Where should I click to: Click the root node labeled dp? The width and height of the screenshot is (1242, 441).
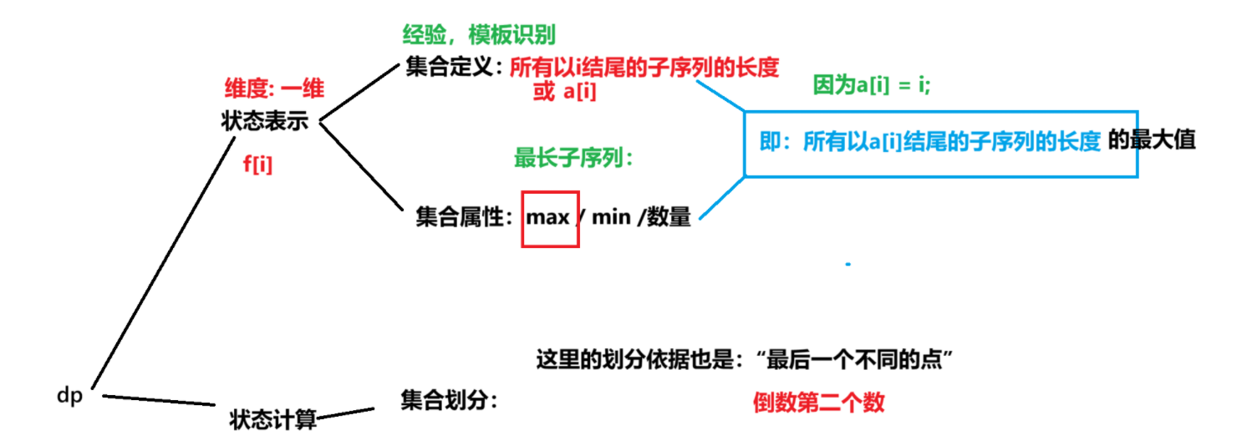tap(70, 396)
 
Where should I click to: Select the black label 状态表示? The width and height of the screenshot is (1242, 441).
tap(265, 121)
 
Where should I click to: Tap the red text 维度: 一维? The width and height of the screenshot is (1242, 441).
tap(274, 88)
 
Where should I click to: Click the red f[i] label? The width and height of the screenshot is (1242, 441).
tap(257, 165)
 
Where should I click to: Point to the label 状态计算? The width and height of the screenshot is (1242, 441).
tap(273, 418)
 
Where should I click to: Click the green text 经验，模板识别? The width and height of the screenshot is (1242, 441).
tap(479, 35)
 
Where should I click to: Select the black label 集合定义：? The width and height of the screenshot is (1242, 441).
tap(456, 67)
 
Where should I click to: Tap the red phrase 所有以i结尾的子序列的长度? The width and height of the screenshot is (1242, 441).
tap(644, 68)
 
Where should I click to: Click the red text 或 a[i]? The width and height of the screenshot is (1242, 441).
tap(564, 92)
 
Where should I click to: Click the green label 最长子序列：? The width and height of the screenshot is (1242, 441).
tap(573, 157)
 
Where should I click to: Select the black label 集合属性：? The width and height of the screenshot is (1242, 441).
tap(465, 218)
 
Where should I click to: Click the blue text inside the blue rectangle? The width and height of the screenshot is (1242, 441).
tap(929, 143)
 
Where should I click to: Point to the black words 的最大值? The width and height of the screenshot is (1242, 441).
tap(1152, 140)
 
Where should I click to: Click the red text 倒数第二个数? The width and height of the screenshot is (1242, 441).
tap(817, 403)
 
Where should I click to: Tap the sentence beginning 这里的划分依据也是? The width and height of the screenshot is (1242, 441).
tap(745, 361)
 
